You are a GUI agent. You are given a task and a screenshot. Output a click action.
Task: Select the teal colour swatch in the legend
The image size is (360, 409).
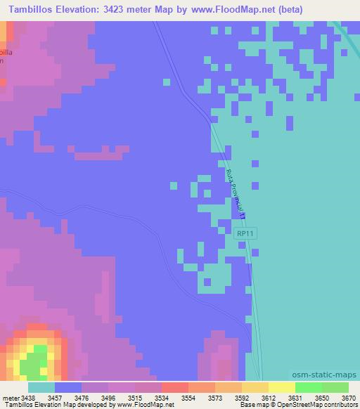click(x=41, y=387)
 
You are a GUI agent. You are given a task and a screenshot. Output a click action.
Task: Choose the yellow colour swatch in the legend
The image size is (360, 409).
click(x=281, y=387)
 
